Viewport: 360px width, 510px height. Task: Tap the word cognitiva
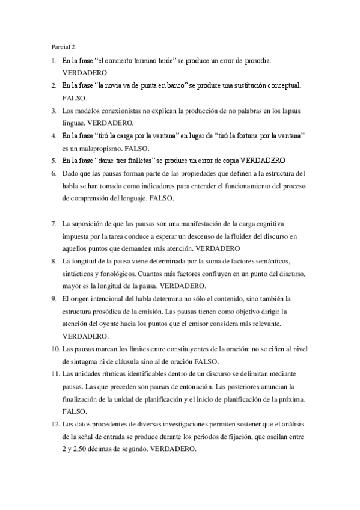[x=271, y=223]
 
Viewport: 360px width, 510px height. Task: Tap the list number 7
[x=54, y=223]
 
